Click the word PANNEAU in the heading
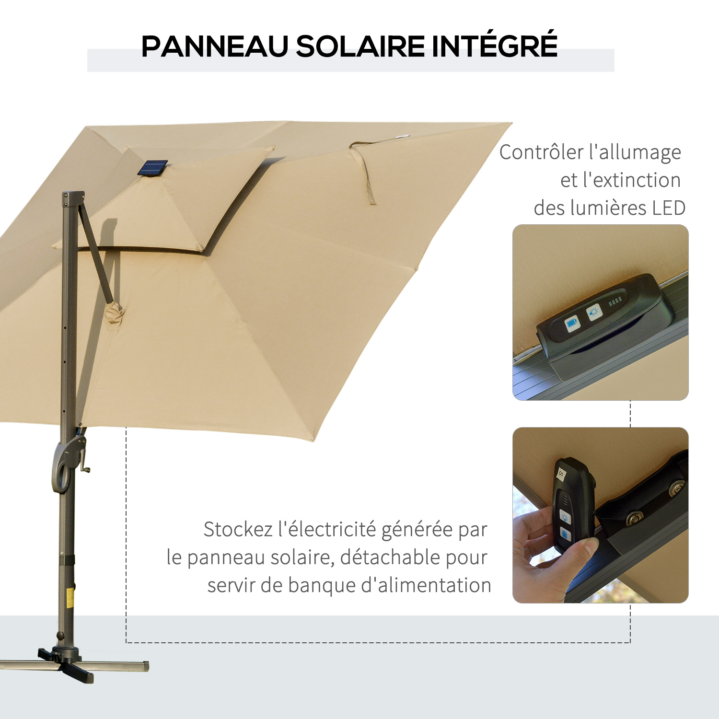[x=215, y=46]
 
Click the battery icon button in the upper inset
[x=572, y=324]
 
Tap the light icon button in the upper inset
[x=594, y=312]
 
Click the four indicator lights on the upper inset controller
[x=615, y=301]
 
